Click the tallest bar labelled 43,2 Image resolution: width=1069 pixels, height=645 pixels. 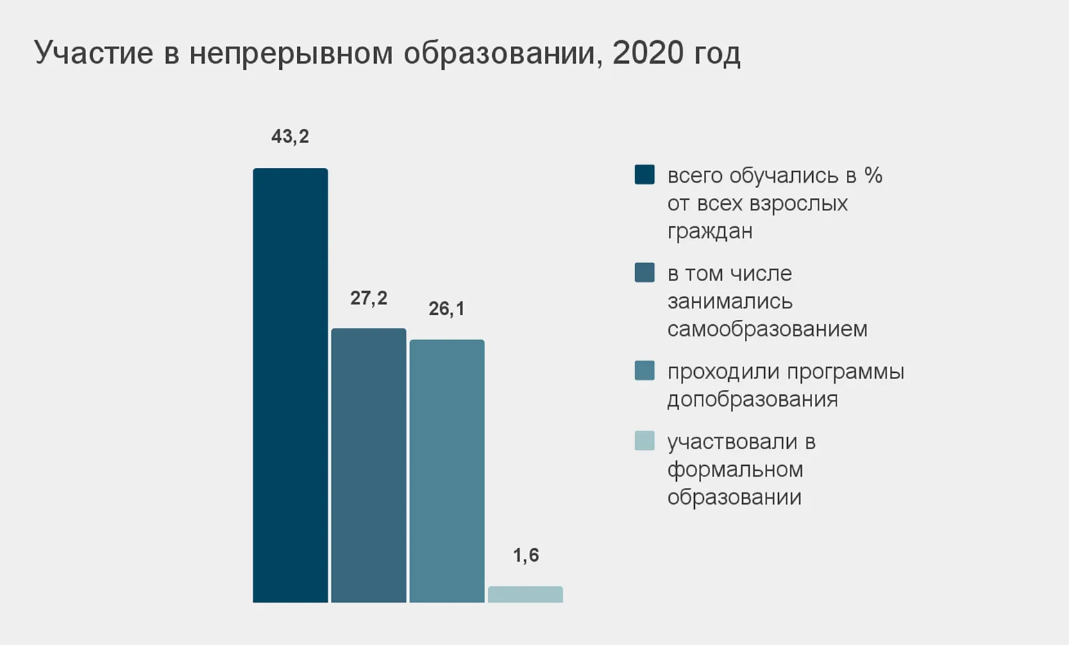coord(290,385)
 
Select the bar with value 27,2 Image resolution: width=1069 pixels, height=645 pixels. coord(369,465)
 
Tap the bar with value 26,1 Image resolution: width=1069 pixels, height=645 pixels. coord(447,471)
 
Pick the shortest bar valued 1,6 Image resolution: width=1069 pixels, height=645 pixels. coord(525,594)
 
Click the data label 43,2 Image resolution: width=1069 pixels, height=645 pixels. coord(290,137)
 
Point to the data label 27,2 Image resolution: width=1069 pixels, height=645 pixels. coord(369,299)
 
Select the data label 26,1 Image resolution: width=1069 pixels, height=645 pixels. coord(446,309)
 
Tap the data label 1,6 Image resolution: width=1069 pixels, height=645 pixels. coord(525,555)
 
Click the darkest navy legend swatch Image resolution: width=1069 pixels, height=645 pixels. coord(644,174)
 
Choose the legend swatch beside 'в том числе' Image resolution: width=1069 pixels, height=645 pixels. coord(644,272)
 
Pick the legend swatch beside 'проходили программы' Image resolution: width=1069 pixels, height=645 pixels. coord(644,371)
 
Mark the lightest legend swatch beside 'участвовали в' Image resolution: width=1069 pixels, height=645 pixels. coord(644,441)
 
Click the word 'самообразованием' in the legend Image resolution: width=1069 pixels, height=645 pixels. coord(767,328)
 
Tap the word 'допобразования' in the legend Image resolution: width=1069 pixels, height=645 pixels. coord(752,399)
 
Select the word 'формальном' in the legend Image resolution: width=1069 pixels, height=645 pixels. coord(735,469)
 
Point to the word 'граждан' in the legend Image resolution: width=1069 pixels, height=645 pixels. coord(709,231)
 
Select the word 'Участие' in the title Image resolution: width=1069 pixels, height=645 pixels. coord(94,53)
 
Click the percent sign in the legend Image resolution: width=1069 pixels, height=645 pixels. coord(873,175)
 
